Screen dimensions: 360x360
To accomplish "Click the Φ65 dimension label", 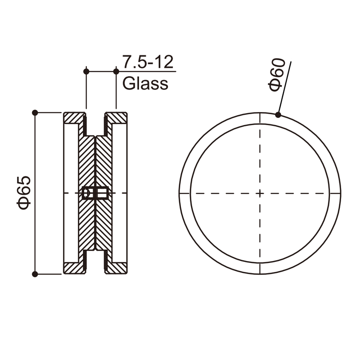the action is tap(24, 193).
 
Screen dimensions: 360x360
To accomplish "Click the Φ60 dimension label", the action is tap(277, 75).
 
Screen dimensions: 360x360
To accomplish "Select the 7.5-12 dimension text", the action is tap(148, 62).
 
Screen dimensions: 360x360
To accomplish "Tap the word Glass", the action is tap(145, 83).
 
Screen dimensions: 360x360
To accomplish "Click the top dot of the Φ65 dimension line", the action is tap(35, 113).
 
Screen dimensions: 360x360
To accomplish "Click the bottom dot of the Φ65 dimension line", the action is tap(35, 274).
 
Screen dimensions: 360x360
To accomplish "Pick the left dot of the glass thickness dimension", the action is tap(86, 72).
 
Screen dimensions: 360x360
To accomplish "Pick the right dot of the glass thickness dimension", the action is tap(116, 72).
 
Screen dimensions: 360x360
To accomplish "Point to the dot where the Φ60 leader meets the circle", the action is tap(278, 115).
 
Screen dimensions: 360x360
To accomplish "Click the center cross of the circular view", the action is tap(260, 193).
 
